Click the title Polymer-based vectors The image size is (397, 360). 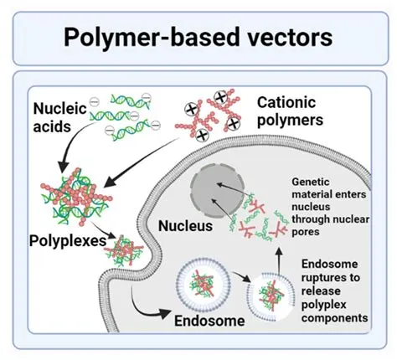coord(198,37)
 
